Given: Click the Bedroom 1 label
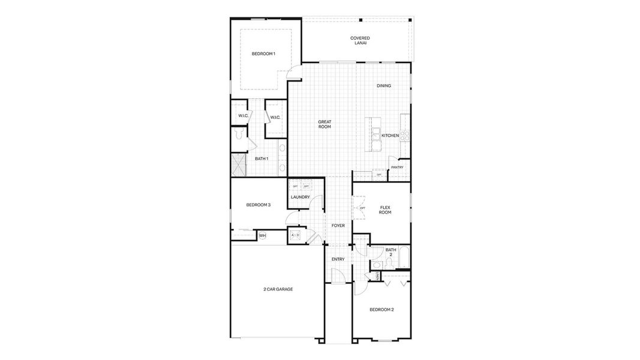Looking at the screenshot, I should click(x=263, y=54).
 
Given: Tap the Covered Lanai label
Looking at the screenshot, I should click(x=360, y=40).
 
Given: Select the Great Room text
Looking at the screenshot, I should click(x=324, y=124).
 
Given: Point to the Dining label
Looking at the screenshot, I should click(x=384, y=86).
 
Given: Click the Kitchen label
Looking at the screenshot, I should click(x=390, y=136).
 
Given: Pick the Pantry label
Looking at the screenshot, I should click(x=396, y=167).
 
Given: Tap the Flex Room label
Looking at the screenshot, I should click(x=385, y=210).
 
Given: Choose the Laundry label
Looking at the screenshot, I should click(x=300, y=197).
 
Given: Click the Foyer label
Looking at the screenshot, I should click(x=338, y=226).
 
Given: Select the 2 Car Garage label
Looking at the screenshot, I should click(x=278, y=289).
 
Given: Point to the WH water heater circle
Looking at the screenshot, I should click(x=262, y=236).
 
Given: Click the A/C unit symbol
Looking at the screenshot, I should click(x=295, y=235).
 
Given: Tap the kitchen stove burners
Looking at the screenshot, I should click(x=405, y=135).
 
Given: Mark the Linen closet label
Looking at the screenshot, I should click(x=376, y=276).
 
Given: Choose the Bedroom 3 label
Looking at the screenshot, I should click(x=259, y=205).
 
